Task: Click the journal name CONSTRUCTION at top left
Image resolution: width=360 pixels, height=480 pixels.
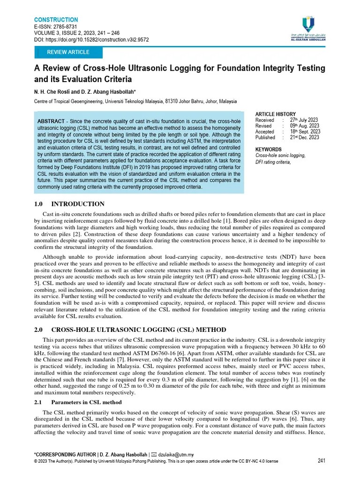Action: pos(56,20)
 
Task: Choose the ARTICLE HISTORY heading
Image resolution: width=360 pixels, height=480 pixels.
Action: pos(275,114)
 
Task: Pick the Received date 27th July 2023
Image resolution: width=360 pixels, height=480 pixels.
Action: pos(304,120)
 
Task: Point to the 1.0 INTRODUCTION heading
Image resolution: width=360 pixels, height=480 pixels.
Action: pos(69,204)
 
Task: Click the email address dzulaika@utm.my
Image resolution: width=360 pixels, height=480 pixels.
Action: pos(176,454)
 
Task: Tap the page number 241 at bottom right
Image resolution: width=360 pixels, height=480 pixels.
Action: pos(322,460)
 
